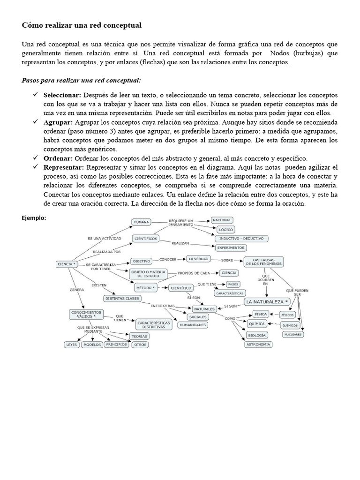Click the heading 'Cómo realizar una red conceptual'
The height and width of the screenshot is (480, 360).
pyautogui.click(x=82, y=24)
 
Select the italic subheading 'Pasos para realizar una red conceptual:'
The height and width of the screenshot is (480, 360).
pyautogui.click(x=82, y=80)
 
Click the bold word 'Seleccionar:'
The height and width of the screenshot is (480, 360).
pyautogui.click(x=63, y=95)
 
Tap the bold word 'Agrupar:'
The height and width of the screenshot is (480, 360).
pyautogui.click(x=58, y=122)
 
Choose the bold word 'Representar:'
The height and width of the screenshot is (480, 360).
pyautogui.click(x=64, y=167)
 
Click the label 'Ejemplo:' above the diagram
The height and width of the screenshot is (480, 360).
pyautogui.click(x=34, y=217)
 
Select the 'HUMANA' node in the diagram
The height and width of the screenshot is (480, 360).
pyautogui.click(x=142, y=222)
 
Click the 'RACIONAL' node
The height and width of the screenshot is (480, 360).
pyautogui.click(x=221, y=220)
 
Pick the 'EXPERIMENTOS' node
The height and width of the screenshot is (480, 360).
pyautogui.click(x=231, y=247)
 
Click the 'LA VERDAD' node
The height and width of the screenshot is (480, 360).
pyautogui.click(x=198, y=259)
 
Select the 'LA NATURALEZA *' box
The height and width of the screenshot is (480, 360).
pyautogui.click(x=267, y=301)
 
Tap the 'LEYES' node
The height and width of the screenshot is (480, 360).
pyautogui.click(x=71, y=345)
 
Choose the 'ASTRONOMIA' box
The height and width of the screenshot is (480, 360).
pyautogui.click(x=258, y=345)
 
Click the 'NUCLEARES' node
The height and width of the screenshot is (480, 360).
pyautogui.click(x=293, y=334)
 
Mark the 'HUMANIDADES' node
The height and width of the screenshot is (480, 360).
pyautogui.click(x=192, y=324)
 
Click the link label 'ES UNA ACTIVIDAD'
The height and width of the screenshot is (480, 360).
pyautogui.click(x=104, y=239)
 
